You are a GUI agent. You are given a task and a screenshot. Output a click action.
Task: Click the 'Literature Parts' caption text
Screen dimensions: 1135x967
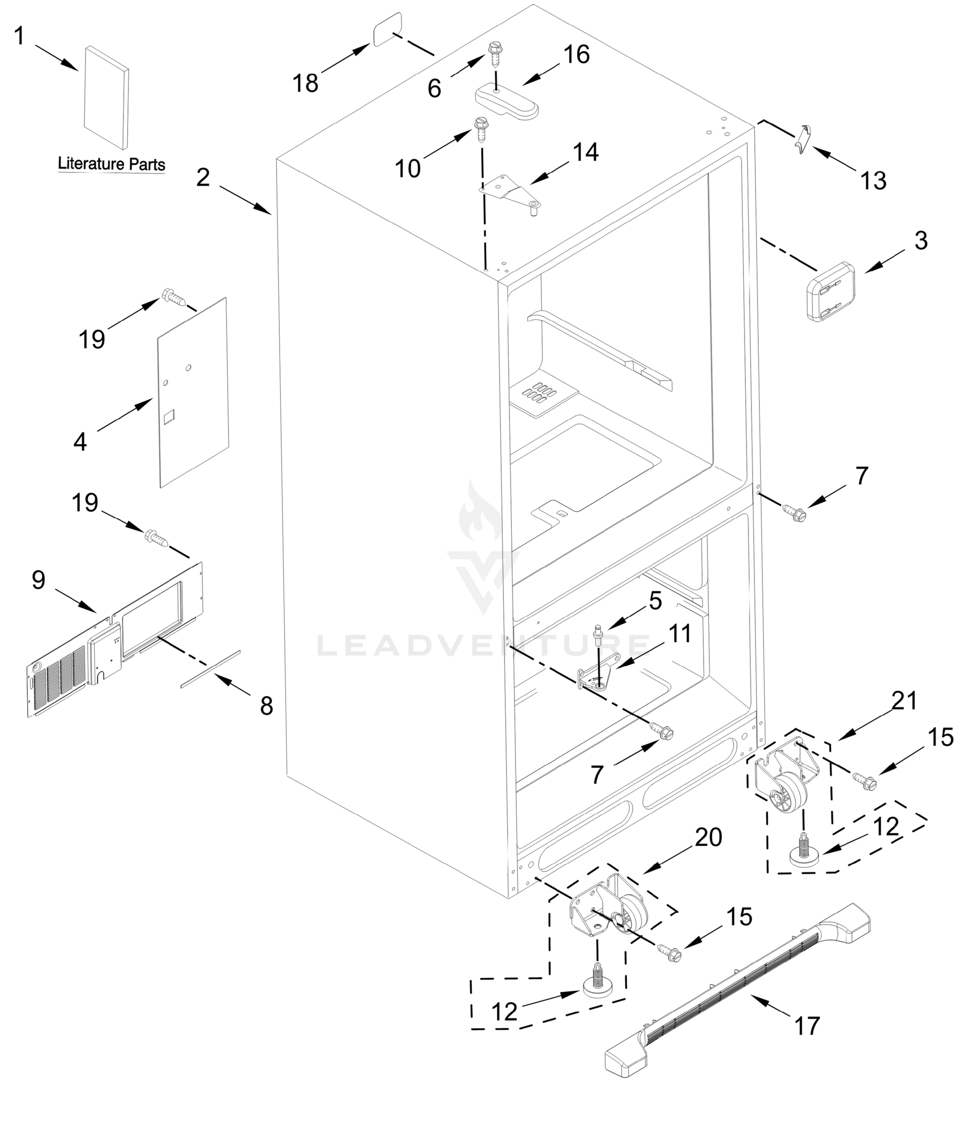pos(111,164)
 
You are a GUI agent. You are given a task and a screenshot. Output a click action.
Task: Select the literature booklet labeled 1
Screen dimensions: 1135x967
pos(106,97)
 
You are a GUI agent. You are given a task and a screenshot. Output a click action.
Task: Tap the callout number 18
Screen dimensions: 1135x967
pos(305,83)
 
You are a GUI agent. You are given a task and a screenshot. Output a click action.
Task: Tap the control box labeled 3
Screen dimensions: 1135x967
pos(831,291)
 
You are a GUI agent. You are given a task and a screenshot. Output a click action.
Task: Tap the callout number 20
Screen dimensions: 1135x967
pos(708,837)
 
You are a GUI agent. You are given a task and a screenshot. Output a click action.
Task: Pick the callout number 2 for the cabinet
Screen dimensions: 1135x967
pos(203,177)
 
